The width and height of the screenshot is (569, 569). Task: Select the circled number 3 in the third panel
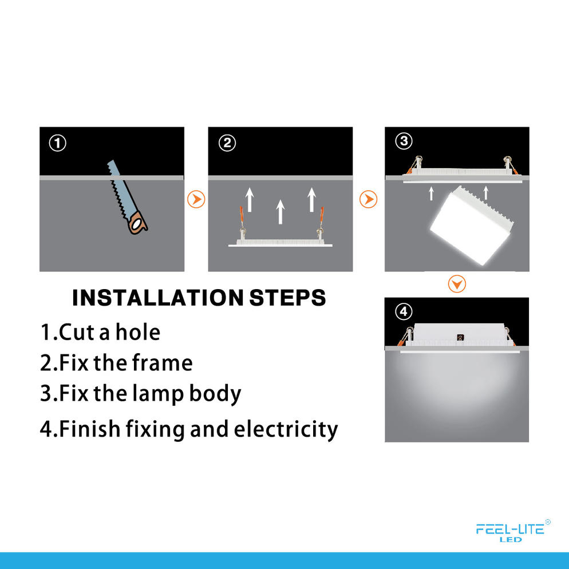(404, 141)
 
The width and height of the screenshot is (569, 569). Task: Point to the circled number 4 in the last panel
(404, 312)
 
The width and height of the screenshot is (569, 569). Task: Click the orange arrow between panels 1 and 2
(196, 199)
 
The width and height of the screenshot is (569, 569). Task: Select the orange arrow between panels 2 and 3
(369, 199)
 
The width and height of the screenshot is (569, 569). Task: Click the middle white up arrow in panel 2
(280, 211)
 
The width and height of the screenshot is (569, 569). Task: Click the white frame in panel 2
(280, 244)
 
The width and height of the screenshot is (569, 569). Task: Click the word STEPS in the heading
(288, 298)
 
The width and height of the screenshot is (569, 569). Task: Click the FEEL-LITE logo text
(509, 530)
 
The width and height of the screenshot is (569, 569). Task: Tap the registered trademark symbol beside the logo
(548, 521)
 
